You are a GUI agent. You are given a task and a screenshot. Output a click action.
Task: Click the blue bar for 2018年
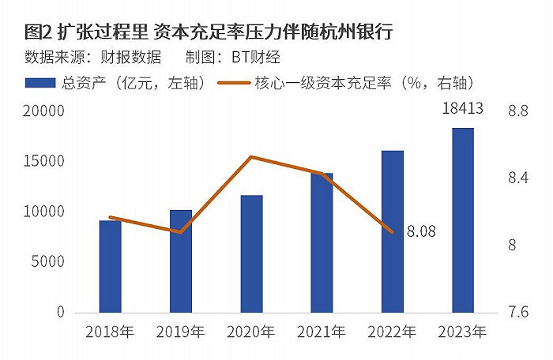[x=110, y=267]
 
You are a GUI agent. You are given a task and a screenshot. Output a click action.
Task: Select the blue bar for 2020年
[x=251, y=254]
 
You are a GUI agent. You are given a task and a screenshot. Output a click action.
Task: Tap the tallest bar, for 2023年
[x=463, y=220]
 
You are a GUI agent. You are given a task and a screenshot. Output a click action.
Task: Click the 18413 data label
[x=462, y=108]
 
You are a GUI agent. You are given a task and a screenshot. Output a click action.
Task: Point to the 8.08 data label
[x=421, y=231]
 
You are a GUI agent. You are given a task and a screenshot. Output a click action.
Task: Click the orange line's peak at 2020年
[x=250, y=156]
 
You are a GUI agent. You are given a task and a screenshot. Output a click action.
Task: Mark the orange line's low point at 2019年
[x=181, y=232]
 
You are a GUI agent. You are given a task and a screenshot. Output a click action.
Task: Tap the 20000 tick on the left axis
[x=44, y=111]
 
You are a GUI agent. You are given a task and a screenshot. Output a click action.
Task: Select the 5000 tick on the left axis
[x=48, y=261]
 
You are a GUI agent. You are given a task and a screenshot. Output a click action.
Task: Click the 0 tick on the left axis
[x=61, y=312]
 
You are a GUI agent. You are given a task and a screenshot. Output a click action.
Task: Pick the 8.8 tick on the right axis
[x=518, y=111]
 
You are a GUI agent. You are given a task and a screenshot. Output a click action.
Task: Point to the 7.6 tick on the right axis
[x=518, y=312]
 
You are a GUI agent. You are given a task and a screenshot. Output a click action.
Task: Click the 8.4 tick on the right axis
[x=518, y=178]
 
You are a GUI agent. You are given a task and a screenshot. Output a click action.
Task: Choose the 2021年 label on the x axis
[x=322, y=332]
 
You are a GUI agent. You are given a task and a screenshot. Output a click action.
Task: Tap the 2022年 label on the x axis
[x=392, y=332]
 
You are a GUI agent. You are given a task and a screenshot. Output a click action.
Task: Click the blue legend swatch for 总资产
[x=40, y=83]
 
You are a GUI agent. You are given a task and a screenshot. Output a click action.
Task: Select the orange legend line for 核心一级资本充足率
[x=234, y=83]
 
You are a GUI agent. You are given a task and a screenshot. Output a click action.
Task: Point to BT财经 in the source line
[x=256, y=57]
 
